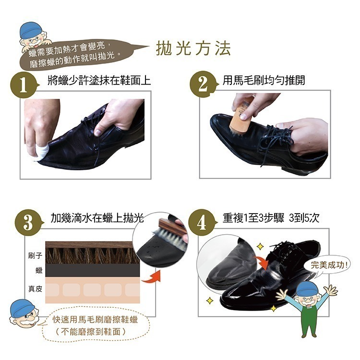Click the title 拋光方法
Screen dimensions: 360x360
[x=194, y=49]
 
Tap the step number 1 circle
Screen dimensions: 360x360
[x=23, y=85]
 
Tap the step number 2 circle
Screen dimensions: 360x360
[x=203, y=85]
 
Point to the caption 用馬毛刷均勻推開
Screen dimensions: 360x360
[x=264, y=81]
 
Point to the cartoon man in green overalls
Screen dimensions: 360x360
[x=307, y=307]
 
